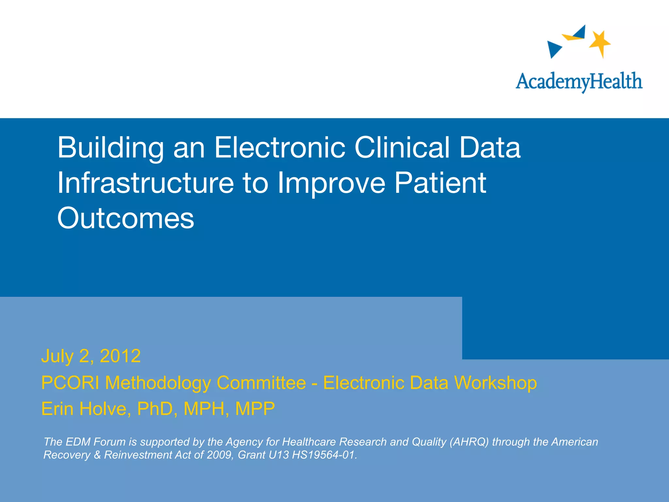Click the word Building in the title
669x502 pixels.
point(110,148)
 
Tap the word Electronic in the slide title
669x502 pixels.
point(280,148)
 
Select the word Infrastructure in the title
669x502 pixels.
point(145,183)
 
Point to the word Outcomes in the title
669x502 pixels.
point(126,218)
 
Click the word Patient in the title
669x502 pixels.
point(440,183)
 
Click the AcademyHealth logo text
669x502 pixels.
point(579,81)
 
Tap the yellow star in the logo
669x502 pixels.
point(600,43)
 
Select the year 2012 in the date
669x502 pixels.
point(120,356)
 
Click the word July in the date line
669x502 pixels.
point(57,356)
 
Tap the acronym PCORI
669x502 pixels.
point(70,383)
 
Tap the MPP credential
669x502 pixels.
point(255,409)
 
